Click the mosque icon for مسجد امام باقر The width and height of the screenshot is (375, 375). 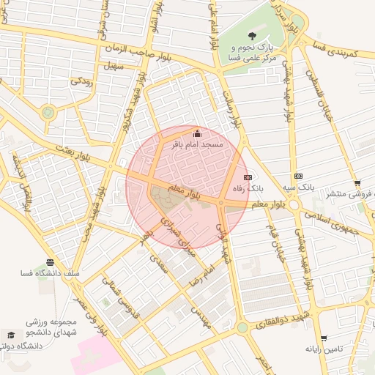tap(196, 133)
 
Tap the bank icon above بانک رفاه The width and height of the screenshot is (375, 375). tap(247, 177)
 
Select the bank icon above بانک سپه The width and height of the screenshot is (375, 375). tap(298, 176)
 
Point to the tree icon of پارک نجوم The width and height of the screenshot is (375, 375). tap(252, 35)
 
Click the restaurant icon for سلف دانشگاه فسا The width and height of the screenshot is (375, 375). tap(50, 262)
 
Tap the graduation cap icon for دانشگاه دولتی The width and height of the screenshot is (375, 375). tap(10, 334)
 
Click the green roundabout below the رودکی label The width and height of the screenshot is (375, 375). tap(48, 112)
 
